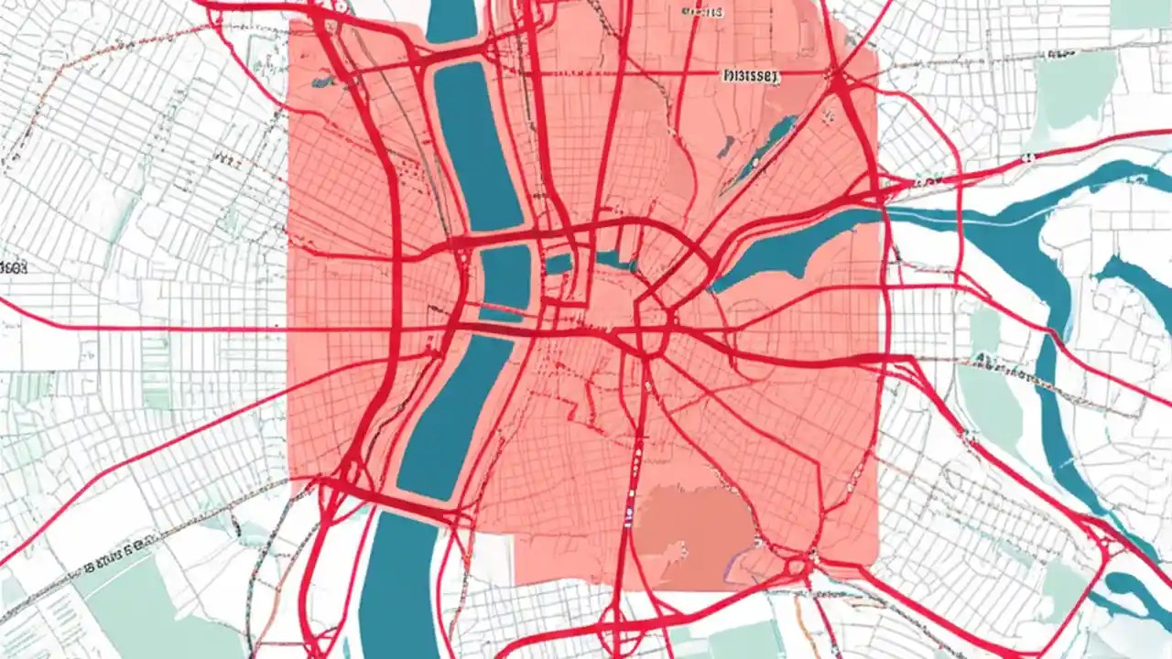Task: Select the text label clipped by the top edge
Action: (702, 11)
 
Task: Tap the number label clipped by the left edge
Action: (13, 267)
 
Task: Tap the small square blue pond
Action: (559, 264)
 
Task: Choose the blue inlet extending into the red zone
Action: (787, 247)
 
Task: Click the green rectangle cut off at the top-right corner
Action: (1140, 13)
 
